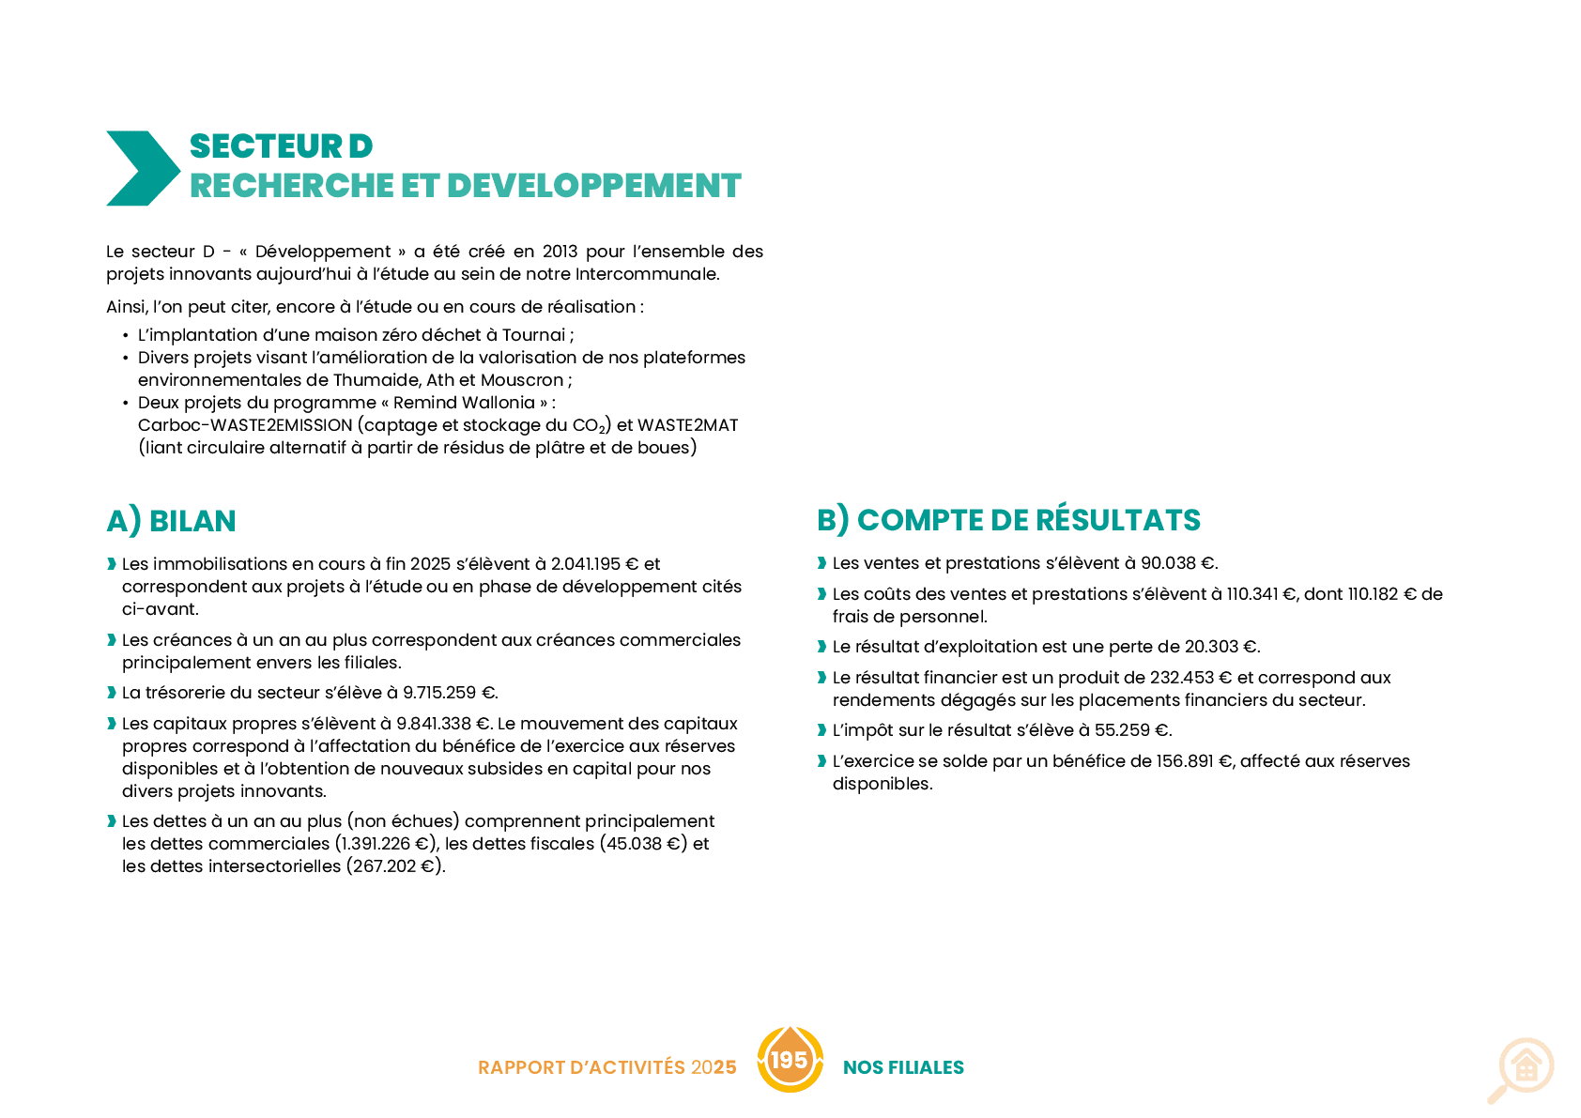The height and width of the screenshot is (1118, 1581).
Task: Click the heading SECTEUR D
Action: tap(281, 146)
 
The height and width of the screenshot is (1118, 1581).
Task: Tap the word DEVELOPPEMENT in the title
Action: tap(593, 186)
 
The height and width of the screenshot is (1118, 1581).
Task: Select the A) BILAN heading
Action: tap(172, 521)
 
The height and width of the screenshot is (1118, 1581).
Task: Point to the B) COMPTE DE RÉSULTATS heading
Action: tap(1008, 520)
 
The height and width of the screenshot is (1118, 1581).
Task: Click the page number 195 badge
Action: tap(790, 1060)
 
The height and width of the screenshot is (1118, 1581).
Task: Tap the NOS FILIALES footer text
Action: tap(903, 1067)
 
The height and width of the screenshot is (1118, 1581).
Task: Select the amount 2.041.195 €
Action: tap(594, 564)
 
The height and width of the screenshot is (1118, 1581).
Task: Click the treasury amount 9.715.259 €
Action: tap(449, 693)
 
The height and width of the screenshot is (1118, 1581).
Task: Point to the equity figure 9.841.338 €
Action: tap(442, 724)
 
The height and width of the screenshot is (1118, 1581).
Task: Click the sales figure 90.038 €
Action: tap(1178, 563)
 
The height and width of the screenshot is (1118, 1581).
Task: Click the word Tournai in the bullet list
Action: tap(533, 334)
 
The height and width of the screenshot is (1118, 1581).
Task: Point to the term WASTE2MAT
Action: tap(687, 425)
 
